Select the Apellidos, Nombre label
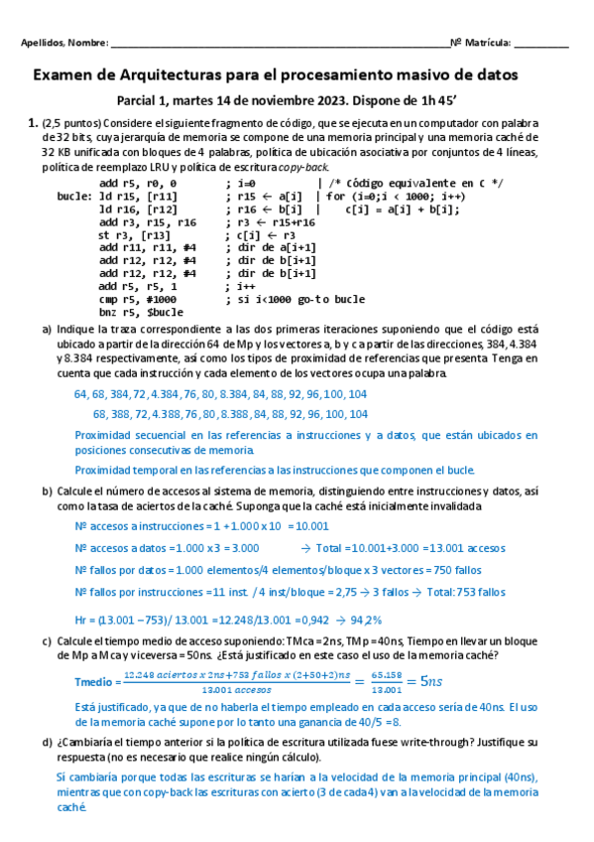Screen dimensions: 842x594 point(64,44)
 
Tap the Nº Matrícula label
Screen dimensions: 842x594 point(481,44)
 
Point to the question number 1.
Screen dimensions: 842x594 point(32,123)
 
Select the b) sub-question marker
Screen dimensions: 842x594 point(47,491)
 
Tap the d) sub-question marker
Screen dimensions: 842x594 point(47,742)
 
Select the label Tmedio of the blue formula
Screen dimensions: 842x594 point(96,681)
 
